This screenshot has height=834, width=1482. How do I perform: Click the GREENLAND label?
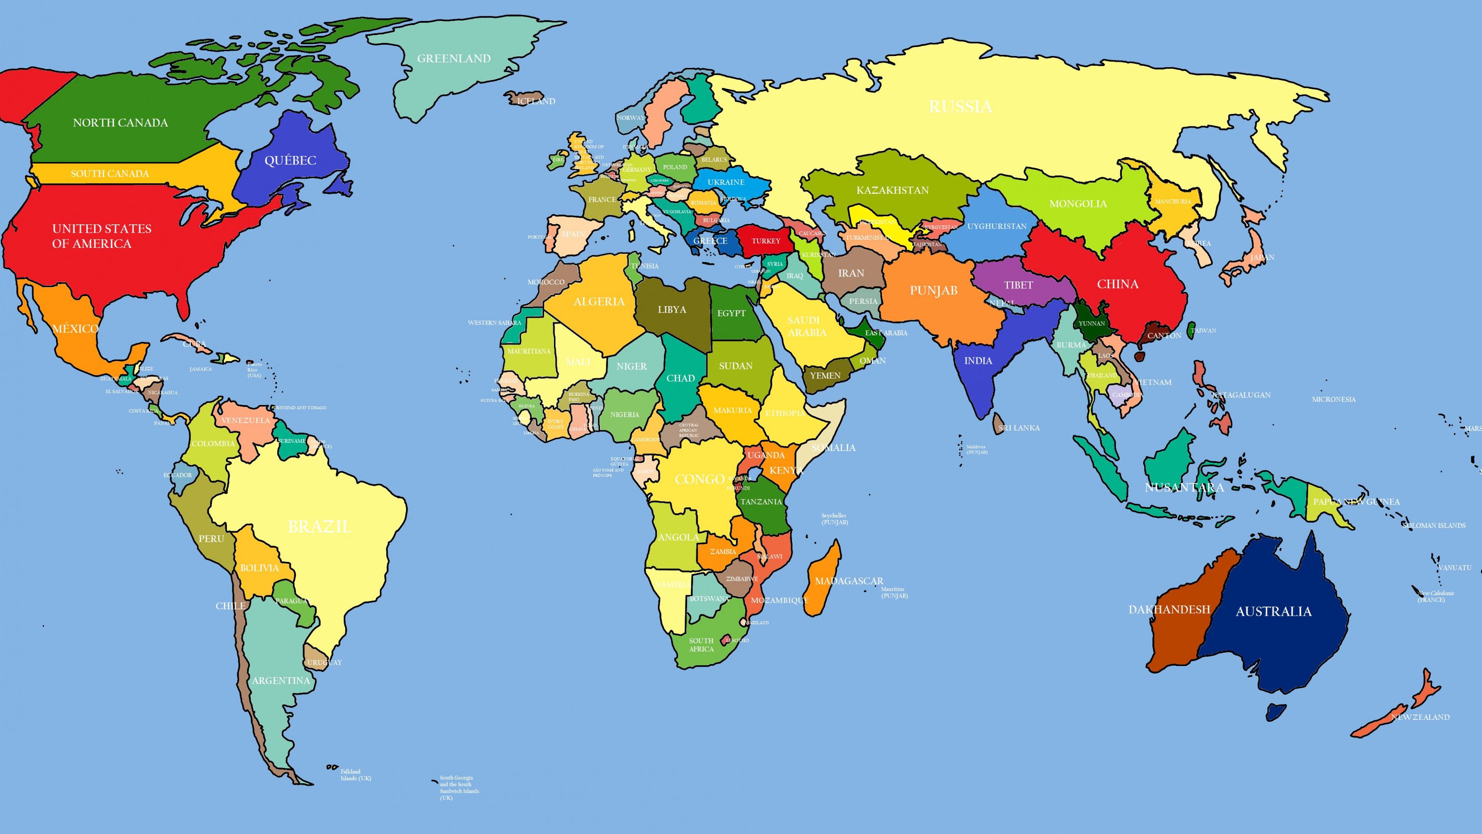453,59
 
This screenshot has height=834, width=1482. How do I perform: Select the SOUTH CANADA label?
110,174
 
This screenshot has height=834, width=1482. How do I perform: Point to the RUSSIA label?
960,107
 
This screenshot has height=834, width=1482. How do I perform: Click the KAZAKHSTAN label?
892,190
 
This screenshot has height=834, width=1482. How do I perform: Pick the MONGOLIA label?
1078,204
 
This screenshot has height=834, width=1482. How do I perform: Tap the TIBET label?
1018,285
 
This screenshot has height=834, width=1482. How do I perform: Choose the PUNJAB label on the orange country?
933,291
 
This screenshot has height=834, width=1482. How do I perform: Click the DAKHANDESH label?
1169,610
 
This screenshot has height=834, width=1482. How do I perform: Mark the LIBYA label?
672,310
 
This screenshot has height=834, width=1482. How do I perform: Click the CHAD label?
680,378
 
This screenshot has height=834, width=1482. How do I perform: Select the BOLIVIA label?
259,568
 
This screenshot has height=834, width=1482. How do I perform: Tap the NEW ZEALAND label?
1420,717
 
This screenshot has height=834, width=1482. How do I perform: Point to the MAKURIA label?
733,410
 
